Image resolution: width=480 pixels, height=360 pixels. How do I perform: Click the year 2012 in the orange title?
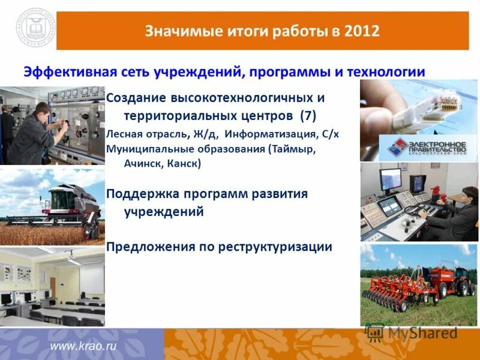tap(362, 31)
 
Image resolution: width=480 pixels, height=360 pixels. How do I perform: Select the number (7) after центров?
tap(307, 115)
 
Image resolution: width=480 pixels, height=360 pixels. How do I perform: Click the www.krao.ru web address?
tap(83, 346)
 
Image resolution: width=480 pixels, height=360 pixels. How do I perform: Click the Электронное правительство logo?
tap(418, 148)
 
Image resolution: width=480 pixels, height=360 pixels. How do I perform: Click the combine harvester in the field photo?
tap(69, 207)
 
